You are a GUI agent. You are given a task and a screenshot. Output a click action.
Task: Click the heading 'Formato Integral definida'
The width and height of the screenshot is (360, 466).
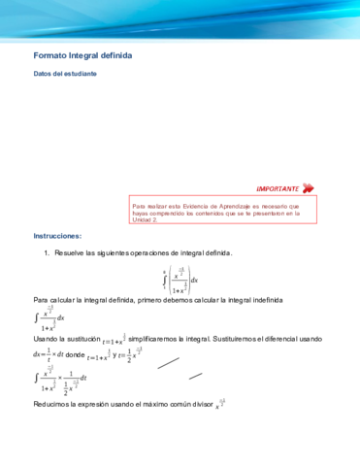(82, 56)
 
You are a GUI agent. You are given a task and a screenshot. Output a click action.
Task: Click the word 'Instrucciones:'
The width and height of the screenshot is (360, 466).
(57, 236)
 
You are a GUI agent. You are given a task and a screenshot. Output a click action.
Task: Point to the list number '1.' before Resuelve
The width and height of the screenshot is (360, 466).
(47, 253)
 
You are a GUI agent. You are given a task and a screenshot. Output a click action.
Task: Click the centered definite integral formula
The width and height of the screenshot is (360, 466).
(180, 279)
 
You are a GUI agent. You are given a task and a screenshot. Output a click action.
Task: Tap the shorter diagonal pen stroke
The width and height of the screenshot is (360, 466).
(196, 376)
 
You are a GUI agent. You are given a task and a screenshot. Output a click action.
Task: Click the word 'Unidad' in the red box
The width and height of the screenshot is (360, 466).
(145, 219)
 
